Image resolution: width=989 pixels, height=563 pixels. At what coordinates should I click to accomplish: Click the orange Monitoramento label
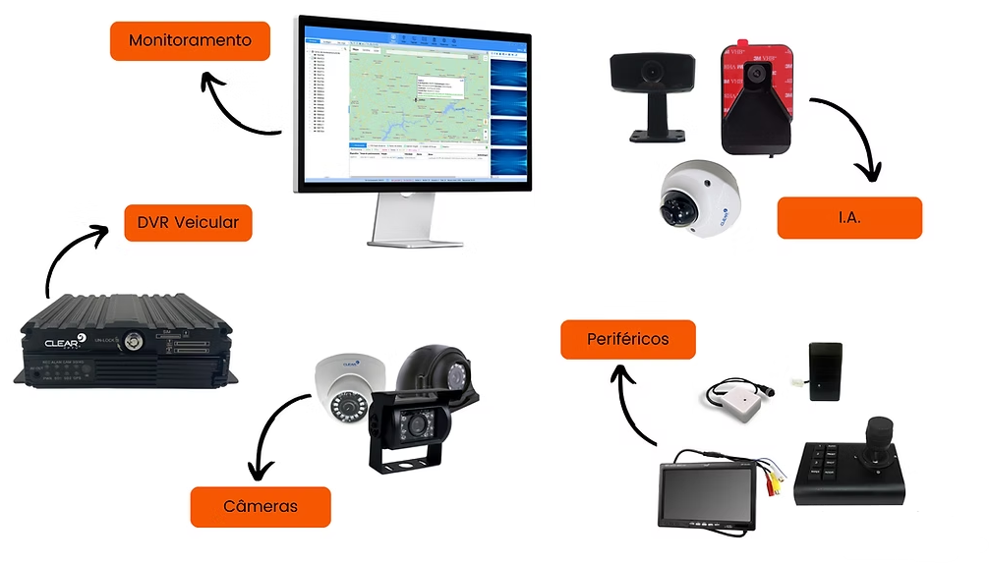coord(190,41)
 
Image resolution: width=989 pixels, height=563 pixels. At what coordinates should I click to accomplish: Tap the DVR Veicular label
coord(188,222)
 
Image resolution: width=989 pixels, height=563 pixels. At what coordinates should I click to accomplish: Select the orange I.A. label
coord(849,217)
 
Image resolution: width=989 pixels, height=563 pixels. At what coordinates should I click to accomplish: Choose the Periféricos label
coord(628,339)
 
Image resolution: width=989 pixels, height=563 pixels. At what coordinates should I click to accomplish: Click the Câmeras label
coord(261,506)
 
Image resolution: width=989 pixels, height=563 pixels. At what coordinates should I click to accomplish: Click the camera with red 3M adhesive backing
coord(756,98)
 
